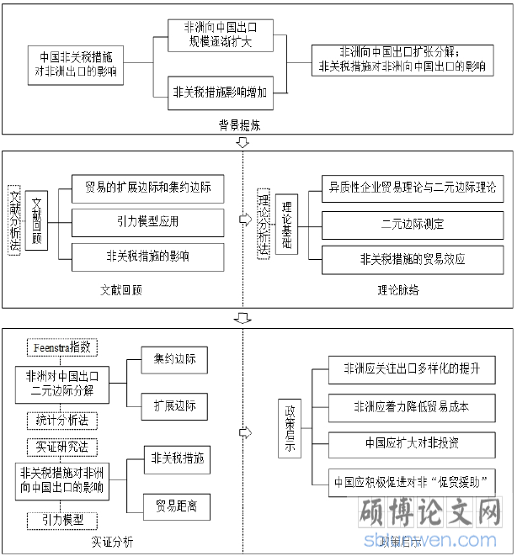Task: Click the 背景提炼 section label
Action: tap(240, 125)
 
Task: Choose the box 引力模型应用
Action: tap(147, 222)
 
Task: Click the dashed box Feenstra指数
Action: tap(62, 347)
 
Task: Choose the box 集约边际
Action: tap(173, 359)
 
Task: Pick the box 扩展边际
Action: tap(173, 405)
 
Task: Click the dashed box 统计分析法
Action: tap(62, 418)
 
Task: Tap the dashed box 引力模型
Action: tap(62, 520)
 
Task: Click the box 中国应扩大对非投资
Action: tap(412, 442)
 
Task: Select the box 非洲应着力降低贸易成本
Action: tap(412, 406)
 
